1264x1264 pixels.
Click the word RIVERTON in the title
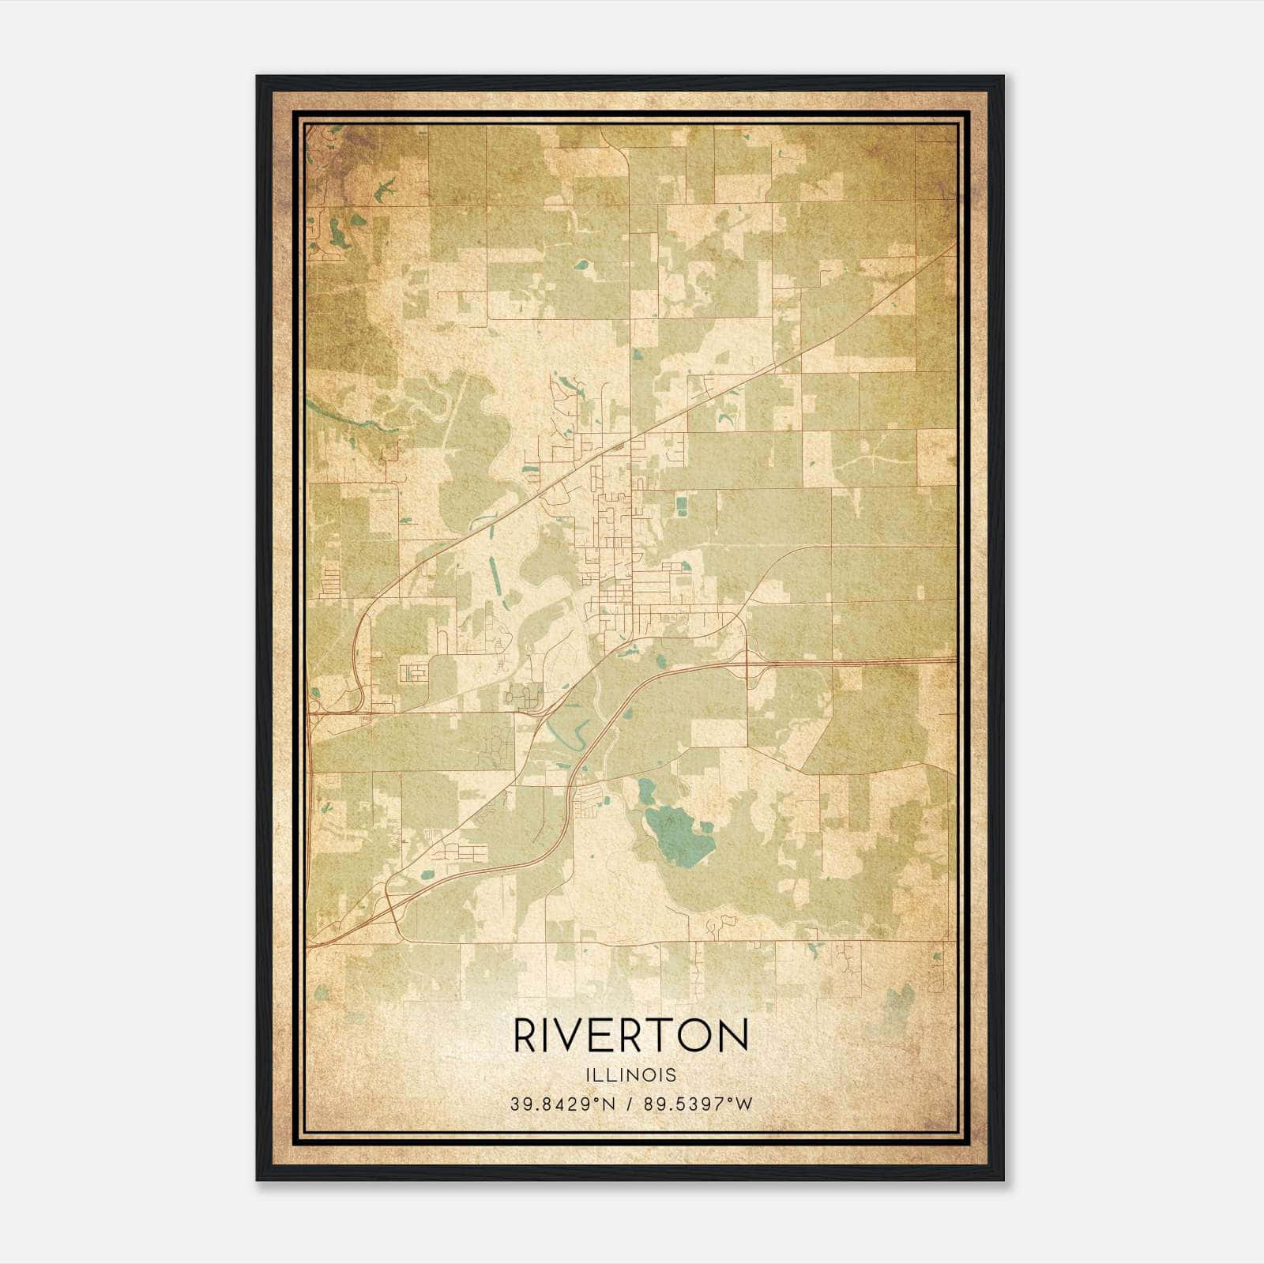631,1035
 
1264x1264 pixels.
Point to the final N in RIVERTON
734,1035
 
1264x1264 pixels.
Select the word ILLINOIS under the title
631,1075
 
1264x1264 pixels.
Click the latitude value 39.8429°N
562,1104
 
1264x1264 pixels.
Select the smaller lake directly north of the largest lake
648,788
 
